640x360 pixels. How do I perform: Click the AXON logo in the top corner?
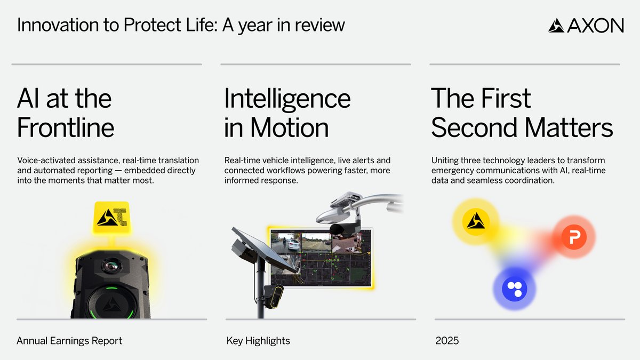(586, 25)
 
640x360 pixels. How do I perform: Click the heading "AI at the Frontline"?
(65, 113)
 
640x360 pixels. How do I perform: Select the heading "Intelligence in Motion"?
(287, 113)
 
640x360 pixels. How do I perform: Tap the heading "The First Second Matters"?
(522, 113)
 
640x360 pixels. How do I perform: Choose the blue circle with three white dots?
(515, 289)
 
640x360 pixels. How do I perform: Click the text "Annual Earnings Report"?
(69, 340)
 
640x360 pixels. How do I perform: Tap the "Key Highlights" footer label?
(258, 340)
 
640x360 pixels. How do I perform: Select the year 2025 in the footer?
(447, 340)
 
